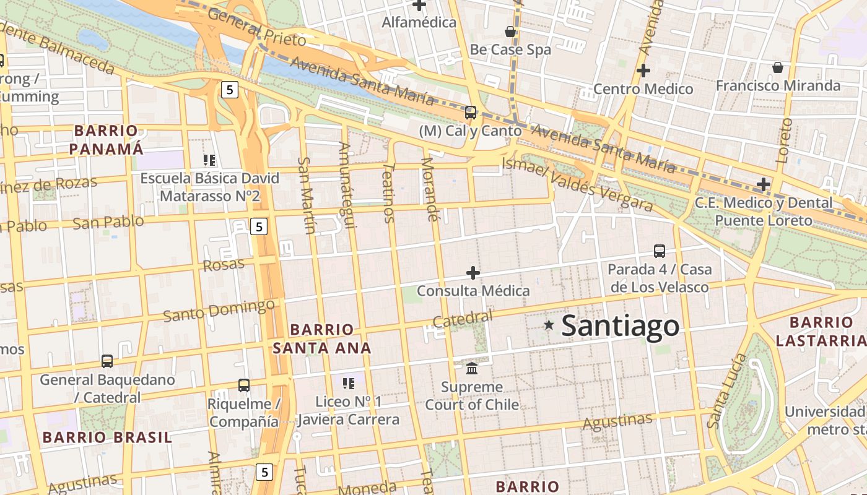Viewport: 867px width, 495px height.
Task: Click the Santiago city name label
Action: (620, 327)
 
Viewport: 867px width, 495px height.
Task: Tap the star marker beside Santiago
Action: (548, 325)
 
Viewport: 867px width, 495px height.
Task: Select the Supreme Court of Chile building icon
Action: (472, 368)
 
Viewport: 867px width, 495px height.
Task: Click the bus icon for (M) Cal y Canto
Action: (471, 113)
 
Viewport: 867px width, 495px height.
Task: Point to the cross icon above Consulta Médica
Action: (473, 272)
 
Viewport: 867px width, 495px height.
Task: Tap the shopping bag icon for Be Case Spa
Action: (510, 31)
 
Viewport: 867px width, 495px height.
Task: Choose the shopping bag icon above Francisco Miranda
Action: (777, 67)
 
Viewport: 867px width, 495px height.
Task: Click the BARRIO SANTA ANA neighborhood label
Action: (322, 338)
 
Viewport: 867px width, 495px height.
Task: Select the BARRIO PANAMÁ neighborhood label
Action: (106, 140)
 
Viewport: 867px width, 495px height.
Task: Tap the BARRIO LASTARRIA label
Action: (821, 332)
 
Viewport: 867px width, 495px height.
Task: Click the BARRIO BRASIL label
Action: (107, 437)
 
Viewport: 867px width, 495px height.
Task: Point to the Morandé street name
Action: (429, 189)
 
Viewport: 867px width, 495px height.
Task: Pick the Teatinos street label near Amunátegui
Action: (389, 192)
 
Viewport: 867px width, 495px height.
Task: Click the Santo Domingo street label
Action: (219, 310)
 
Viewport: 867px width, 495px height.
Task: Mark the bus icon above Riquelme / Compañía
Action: (244, 385)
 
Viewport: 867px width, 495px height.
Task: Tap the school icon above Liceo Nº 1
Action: (349, 383)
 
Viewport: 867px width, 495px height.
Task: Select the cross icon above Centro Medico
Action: (643, 71)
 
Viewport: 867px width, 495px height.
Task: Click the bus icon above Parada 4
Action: (660, 251)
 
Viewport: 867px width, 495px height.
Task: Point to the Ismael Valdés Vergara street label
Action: (577, 183)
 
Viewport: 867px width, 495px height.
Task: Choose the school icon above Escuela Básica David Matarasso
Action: (209, 160)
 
